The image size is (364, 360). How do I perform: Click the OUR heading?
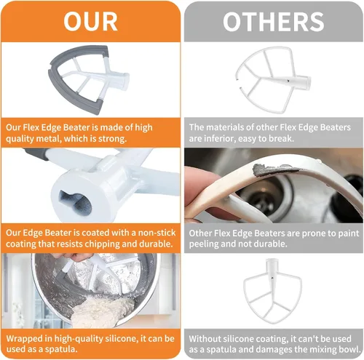[90, 22]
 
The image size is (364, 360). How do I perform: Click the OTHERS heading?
[274, 22]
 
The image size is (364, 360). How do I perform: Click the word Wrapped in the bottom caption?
[22, 339]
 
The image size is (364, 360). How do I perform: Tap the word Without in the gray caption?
[204, 339]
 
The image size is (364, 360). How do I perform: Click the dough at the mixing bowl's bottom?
[101, 312]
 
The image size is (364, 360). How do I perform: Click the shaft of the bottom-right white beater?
[272, 268]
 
